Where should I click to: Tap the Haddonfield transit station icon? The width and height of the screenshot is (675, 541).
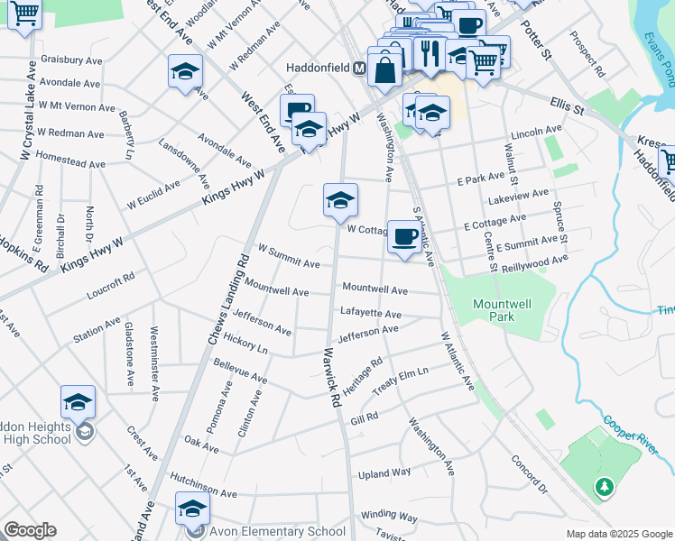click(x=359, y=68)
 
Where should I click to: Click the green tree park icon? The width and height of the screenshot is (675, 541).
click(x=604, y=488)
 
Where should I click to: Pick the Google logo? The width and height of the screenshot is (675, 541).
click(x=30, y=530)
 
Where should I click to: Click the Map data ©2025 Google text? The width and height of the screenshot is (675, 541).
click(x=619, y=534)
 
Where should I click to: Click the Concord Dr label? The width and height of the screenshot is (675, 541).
click(x=529, y=475)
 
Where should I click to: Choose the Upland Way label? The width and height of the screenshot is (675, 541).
click(x=384, y=472)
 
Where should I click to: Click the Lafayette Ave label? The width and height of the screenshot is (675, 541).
click(x=371, y=313)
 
